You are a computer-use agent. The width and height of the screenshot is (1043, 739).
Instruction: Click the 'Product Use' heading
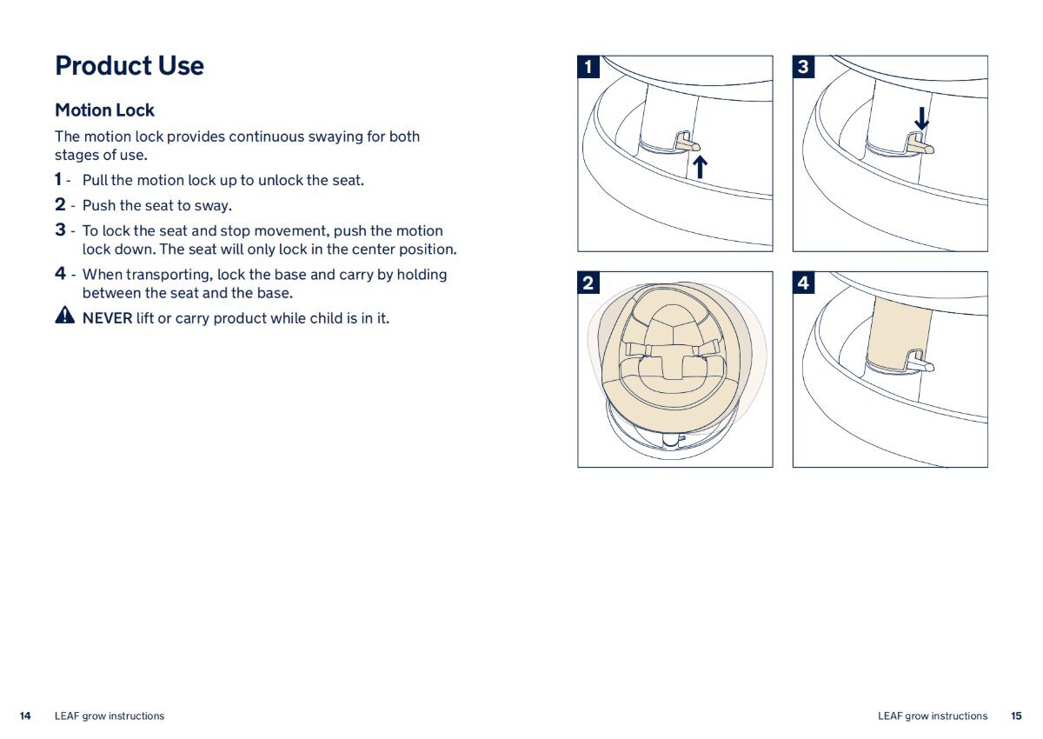[x=130, y=66]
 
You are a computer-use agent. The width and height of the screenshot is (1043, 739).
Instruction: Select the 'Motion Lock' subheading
[x=104, y=110]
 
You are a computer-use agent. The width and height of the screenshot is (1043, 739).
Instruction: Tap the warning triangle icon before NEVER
[x=64, y=316]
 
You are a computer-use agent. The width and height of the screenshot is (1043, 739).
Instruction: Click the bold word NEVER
[x=108, y=318]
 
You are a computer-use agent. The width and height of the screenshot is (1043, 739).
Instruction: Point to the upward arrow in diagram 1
[x=700, y=167]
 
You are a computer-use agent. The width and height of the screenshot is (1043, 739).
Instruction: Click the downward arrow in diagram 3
[x=921, y=118]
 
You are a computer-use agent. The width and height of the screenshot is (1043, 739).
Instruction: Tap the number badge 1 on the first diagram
[x=588, y=67]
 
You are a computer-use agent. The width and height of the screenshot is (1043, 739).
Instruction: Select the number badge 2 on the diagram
[x=588, y=283]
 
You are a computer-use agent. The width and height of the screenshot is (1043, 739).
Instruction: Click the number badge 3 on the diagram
[x=804, y=67]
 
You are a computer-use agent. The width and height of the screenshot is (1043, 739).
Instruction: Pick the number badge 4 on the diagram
[x=804, y=283]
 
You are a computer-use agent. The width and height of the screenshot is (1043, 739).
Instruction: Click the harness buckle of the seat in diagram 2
[x=673, y=362]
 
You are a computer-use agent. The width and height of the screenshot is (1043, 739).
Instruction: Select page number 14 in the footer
[x=25, y=716]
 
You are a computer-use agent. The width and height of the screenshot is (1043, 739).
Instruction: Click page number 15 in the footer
[x=1016, y=716]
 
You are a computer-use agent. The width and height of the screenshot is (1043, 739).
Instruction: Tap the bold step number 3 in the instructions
[x=60, y=230]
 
